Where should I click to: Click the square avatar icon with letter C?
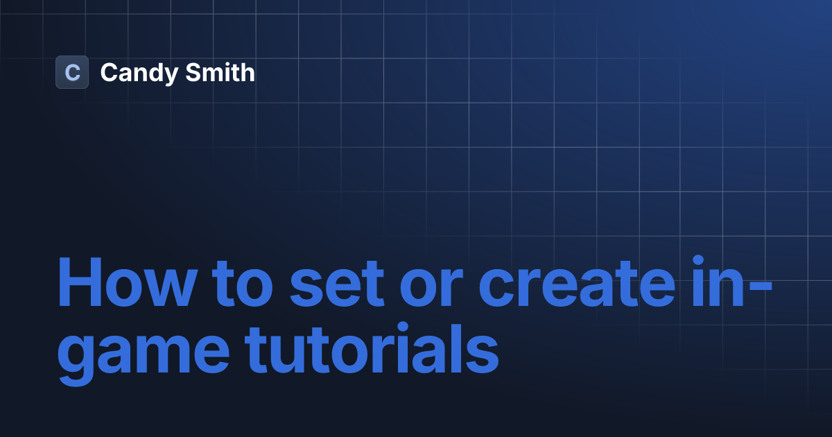coord(72,72)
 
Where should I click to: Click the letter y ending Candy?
coord(164,75)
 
